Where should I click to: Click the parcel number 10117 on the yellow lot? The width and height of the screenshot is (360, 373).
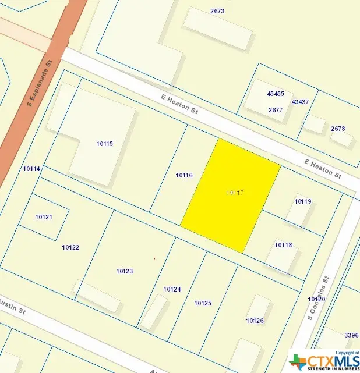click(234, 192)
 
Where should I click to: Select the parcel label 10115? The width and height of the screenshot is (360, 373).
click(105, 144)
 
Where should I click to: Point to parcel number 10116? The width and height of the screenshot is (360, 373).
click(184, 175)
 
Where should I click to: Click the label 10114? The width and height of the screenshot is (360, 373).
click(31, 169)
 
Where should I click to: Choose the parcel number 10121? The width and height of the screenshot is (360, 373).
click(44, 217)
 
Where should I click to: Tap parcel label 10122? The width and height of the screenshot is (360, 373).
click(70, 247)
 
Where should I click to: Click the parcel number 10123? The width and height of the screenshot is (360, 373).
click(125, 271)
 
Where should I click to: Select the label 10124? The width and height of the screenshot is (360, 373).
click(172, 289)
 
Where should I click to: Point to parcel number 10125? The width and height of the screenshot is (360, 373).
click(203, 303)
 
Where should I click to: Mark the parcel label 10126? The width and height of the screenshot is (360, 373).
click(255, 321)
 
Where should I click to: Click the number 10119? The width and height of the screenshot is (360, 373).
click(303, 202)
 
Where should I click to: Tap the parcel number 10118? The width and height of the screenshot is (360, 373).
click(283, 245)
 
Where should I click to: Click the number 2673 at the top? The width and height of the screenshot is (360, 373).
click(217, 11)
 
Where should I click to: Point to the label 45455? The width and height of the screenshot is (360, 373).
click(276, 94)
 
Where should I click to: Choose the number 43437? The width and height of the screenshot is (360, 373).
click(300, 102)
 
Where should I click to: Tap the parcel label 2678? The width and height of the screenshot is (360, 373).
click(338, 129)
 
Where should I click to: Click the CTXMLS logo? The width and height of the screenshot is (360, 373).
click(323, 360)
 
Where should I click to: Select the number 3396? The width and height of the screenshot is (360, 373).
click(351, 335)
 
